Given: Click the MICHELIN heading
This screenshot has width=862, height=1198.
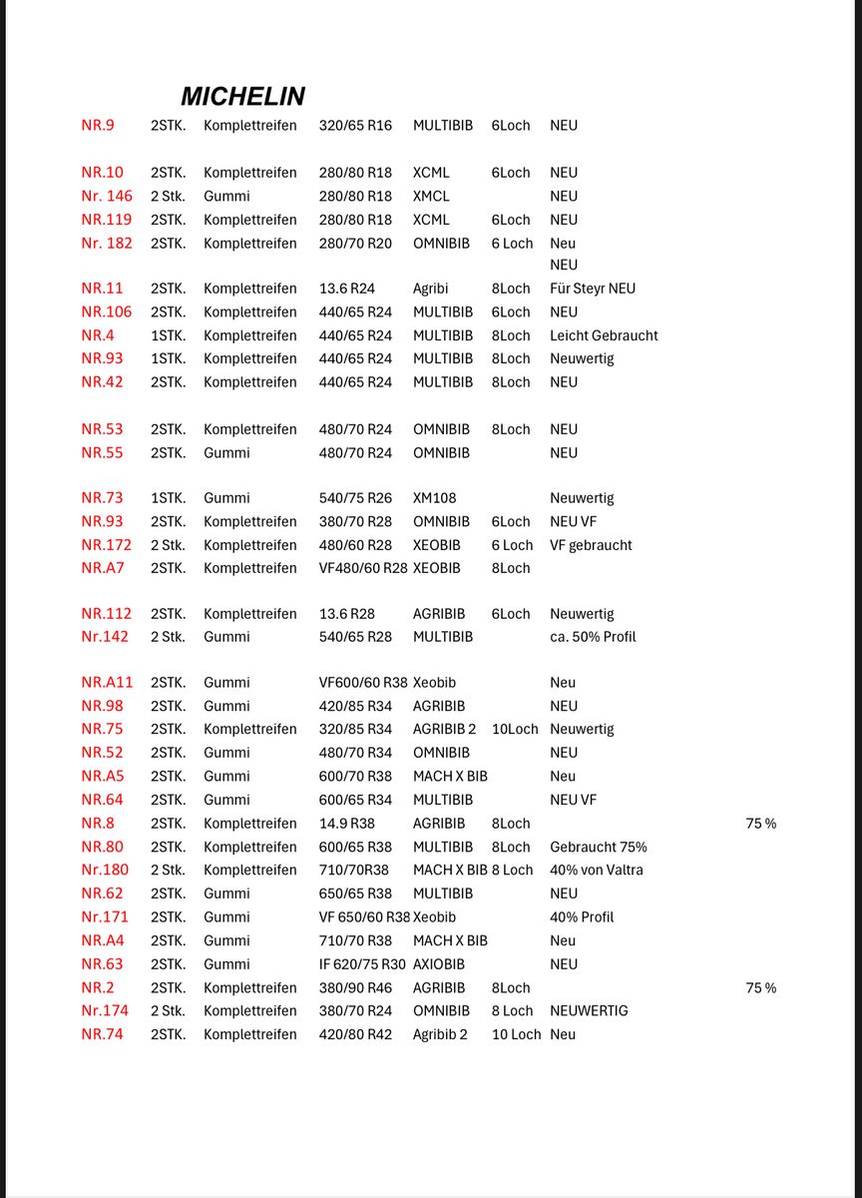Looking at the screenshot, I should [x=242, y=96].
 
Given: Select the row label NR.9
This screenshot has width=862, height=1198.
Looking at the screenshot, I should [x=98, y=126].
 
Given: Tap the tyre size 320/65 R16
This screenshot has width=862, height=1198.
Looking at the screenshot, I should [x=355, y=126].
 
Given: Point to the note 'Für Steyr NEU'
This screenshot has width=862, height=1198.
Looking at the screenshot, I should [x=593, y=289].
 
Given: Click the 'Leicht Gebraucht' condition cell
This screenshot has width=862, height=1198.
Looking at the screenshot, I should [x=604, y=335].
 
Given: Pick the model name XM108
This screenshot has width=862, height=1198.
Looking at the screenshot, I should [x=434, y=498].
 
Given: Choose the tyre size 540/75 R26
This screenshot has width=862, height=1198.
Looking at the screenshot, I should [x=355, y=498].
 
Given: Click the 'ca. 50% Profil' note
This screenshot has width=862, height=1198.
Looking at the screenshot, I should [x=593, y=637].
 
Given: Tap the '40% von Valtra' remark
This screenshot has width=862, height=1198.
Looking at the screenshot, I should [x=597, y=871].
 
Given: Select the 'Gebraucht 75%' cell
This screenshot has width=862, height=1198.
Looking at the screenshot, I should [x=599, y=848].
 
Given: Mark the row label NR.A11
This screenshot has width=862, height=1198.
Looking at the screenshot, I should [x=107, y=683].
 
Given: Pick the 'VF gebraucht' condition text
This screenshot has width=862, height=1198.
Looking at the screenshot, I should [x=591, y=545].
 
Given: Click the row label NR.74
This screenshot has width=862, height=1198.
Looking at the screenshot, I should [x=102, y=1034].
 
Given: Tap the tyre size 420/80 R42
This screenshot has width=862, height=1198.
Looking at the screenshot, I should [x=355, y=1034].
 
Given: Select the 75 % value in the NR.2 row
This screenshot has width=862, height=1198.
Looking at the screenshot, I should [x=760, y=988].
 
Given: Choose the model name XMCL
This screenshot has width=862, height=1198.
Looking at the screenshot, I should [x=431, y=197].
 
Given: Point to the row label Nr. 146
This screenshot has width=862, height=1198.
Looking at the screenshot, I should [x=107, y=197].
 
